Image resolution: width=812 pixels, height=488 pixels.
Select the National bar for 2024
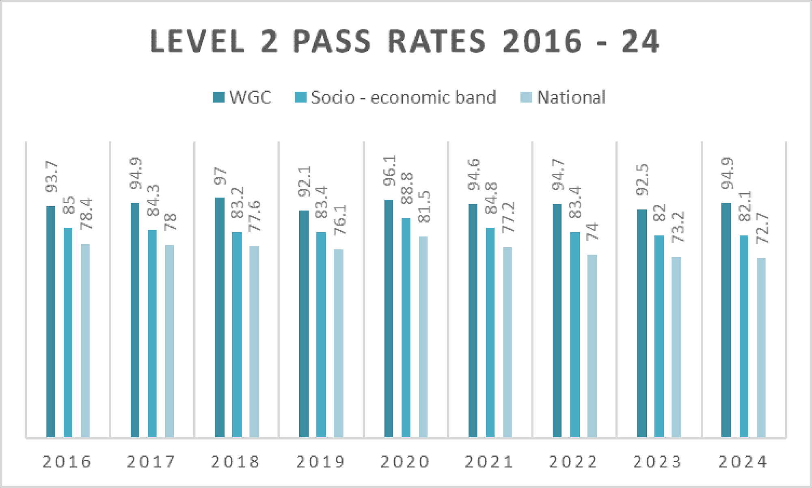pyautogui.click(x=761, y=348)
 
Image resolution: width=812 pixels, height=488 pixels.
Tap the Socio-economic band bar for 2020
pyautogui.click(x=406, y=327)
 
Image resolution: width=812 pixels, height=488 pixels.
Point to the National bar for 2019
pyautogui.click(x=338, y=343)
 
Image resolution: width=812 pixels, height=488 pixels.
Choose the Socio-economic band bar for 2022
pyautogui.click(x=575, y=335)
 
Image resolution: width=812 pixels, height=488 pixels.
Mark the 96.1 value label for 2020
pyautogui.click(x=390, y=171)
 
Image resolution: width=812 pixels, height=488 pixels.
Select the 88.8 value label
pyautogui.click(x=407, y=188)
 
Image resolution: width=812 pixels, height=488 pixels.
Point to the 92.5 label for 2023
pyautogui.click(x=642, y=179)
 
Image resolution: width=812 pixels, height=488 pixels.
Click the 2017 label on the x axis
pyautogui.click(x=151, y=462)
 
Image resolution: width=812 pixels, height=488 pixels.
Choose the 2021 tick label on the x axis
pyautogui.click(x=489, y=462)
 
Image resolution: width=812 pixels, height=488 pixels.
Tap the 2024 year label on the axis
pyautogui.click(x=743, y=462)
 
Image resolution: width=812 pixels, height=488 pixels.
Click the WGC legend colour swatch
pyautogui.click(x=218, y=97)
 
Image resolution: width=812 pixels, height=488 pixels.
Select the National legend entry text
pyautogui.click(x=571, y=97)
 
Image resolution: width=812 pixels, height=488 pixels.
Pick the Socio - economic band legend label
pyautogui.click(x=404, y=97)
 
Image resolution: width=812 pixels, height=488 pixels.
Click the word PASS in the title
pyautogui.click(x=332, y=41)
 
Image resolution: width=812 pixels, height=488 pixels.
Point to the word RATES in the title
pyautogui.click(x=437, y=41)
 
